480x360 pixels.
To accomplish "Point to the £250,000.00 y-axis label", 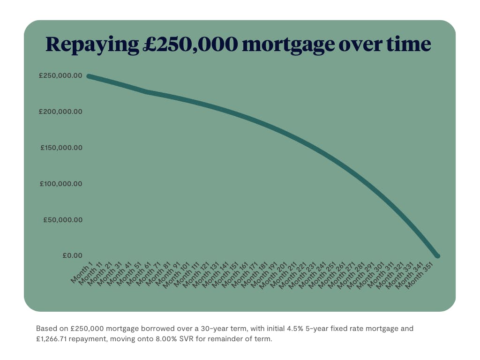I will (x=60, y=76).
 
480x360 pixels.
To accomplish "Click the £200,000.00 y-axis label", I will (x=60, y=112).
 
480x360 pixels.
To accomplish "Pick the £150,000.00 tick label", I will (x=61, y=148).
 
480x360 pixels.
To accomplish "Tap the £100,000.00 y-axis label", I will (x=61, y=184).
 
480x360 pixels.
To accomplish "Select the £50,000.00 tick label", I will (x=62, y=220).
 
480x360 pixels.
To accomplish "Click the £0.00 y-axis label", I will (x=72, y=255).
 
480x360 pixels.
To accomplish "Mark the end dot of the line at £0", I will (x=437, y=255).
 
